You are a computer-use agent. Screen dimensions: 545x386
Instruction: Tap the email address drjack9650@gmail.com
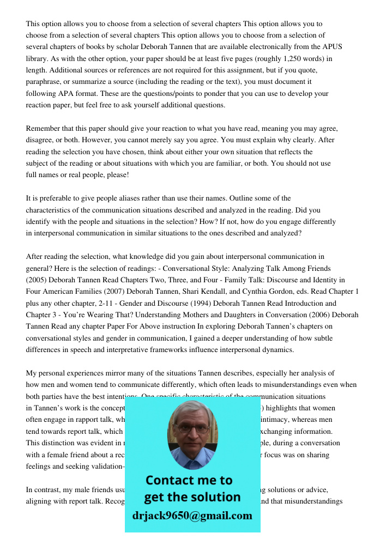192,516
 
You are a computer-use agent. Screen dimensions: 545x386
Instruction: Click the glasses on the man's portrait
192,428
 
